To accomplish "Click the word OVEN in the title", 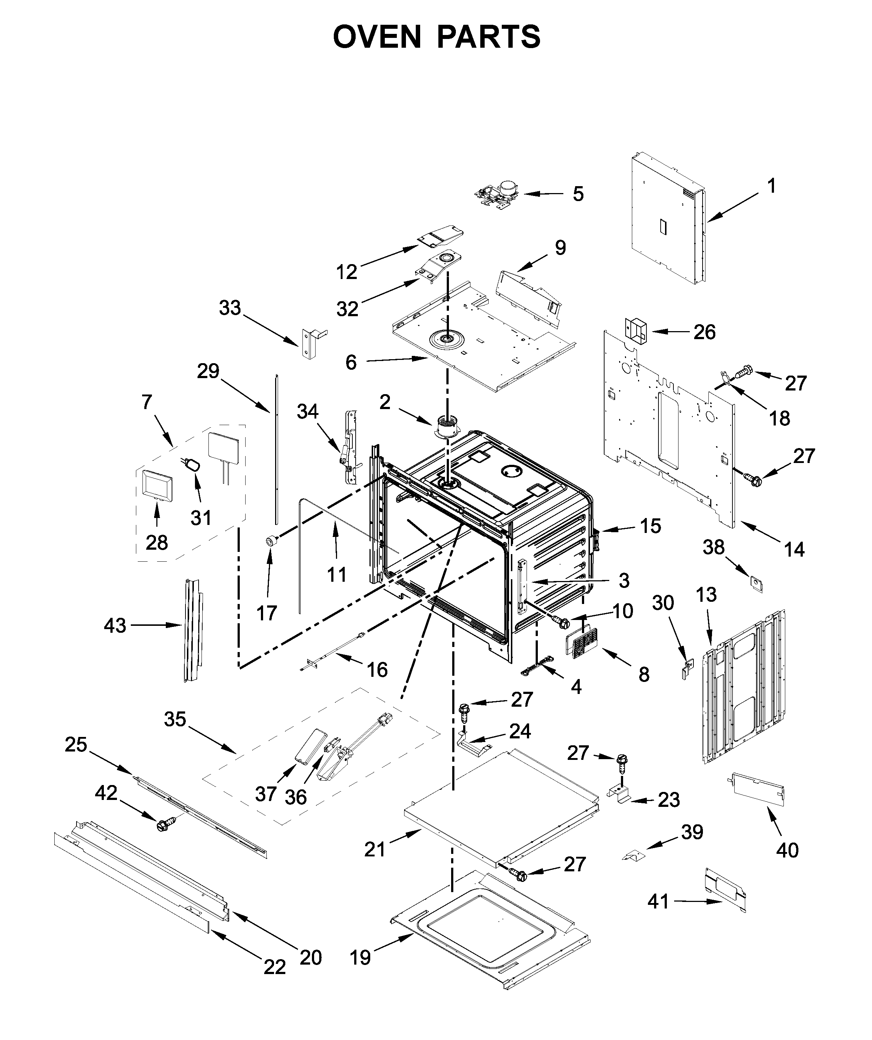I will coord(376,37).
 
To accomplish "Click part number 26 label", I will coord(704,332).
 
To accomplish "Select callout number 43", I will coord(115,625).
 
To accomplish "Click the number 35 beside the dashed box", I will coord(175,719).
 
